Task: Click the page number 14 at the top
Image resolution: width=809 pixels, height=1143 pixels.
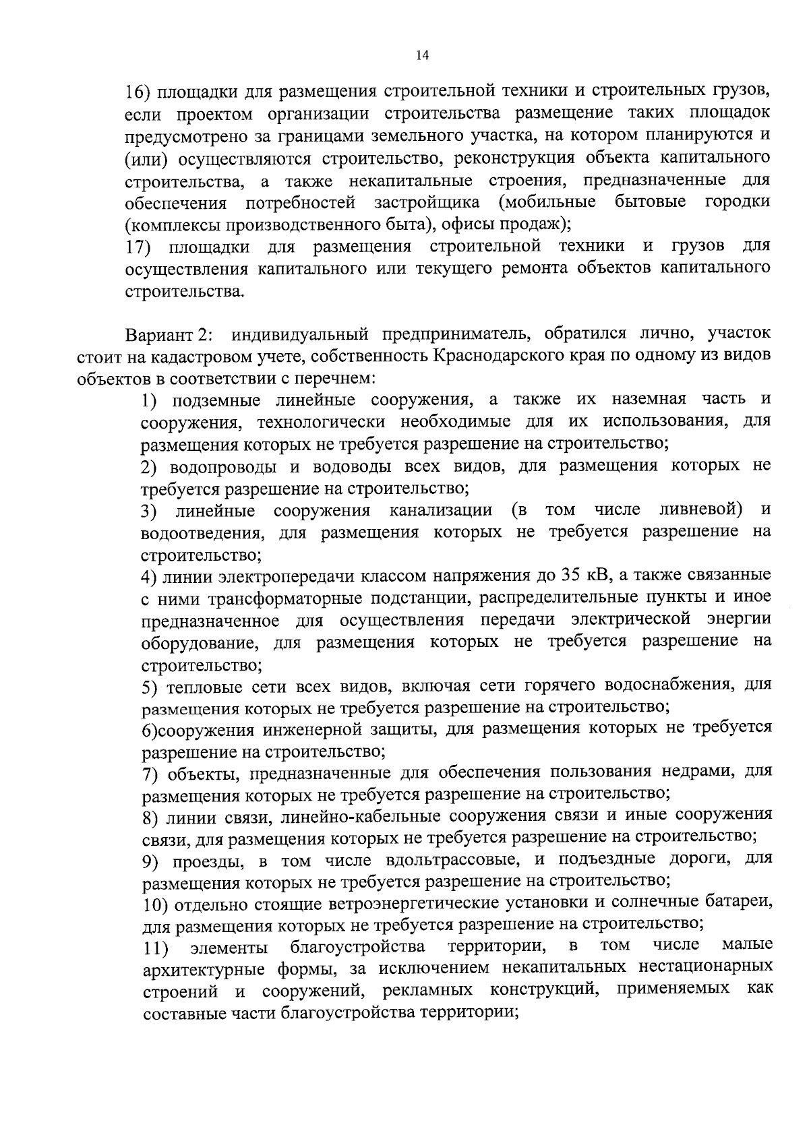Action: click(422, 56)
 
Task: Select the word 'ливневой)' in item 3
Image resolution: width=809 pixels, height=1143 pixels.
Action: click(702, 509)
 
